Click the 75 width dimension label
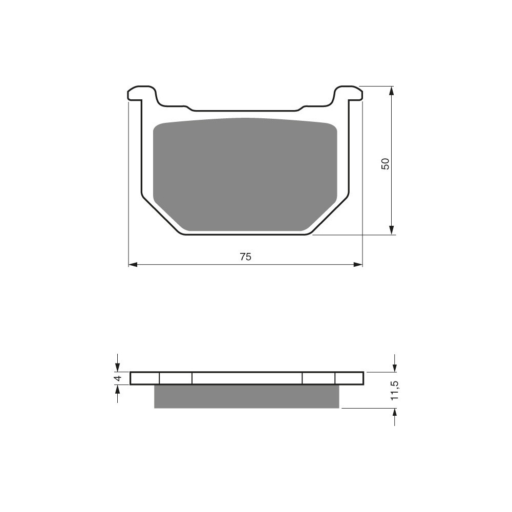tap(246, 257)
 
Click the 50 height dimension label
tap(386, 163)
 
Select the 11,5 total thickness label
tap(395, 390)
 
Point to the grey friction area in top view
tap(245, 175)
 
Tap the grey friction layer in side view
tap(247, 396)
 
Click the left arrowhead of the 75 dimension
tap(133, 264)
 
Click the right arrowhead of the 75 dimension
tap(358, 264)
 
